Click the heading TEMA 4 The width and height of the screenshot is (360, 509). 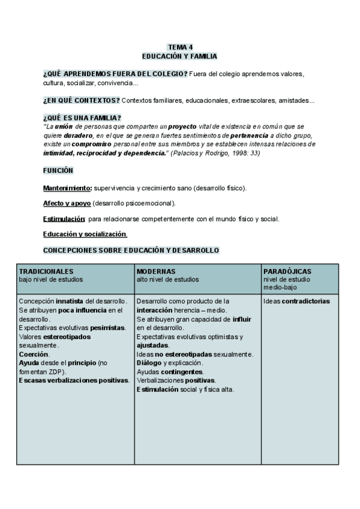[x=179, y=47]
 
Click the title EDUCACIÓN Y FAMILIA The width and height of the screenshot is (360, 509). [x=179, y=55]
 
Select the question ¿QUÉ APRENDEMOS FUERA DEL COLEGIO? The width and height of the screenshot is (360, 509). [x=115, y=73]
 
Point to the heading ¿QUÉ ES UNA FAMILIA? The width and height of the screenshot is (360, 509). [x=82, y=118]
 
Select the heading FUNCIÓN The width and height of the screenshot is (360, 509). [x=58, y=170]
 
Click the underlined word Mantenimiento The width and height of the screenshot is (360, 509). [x=67, y=188]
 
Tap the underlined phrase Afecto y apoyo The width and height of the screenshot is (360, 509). [x=67, y=203]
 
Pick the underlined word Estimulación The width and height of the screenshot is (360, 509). [x=64, y=219]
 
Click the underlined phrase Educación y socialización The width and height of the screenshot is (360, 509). [x=85, y=234]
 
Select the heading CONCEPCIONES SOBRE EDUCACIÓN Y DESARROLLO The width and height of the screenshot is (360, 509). [x=131, y=250]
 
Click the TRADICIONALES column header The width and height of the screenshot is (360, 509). [x=46, y=271]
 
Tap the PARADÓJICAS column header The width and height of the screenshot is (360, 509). [x=287, y=271]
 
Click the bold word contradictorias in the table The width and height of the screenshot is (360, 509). [x=305, y=301]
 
